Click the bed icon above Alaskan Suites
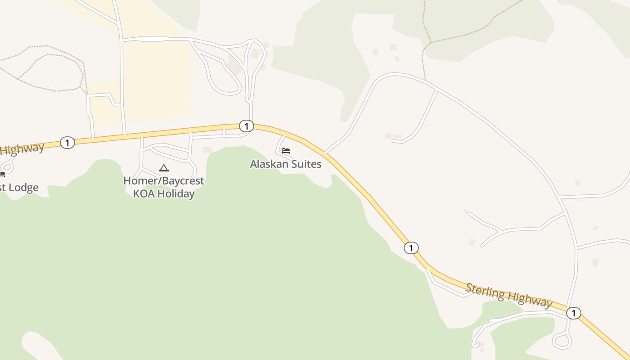286,150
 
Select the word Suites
307,164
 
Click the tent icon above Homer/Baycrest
164,168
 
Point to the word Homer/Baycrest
164,181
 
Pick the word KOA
144,194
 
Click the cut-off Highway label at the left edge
22,148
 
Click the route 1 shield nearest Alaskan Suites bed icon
246,126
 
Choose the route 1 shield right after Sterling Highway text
573,313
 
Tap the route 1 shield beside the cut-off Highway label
67,143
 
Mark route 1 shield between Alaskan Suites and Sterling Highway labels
411,247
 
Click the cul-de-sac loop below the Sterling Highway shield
562,341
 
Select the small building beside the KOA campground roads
207,150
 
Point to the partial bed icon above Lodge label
2,174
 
